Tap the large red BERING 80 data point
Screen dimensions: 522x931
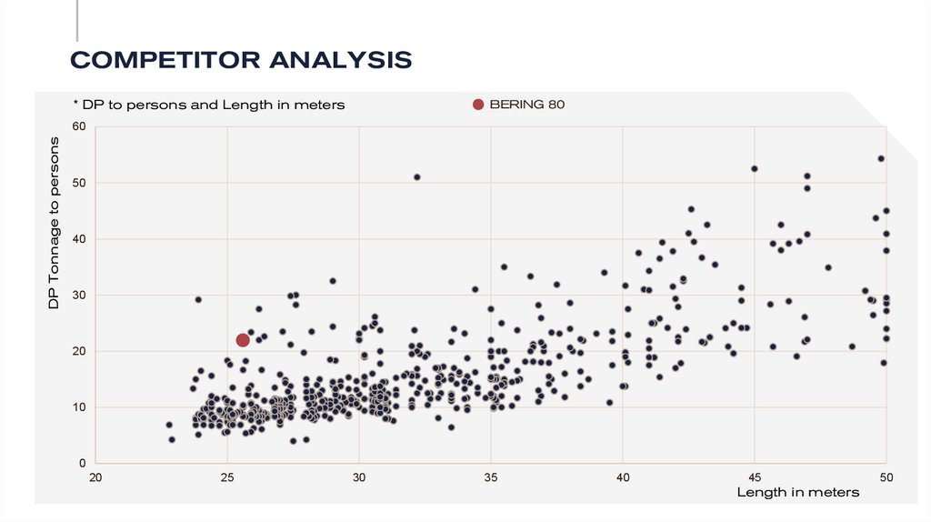coord(243,340)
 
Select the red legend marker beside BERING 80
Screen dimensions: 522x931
coord(478,105)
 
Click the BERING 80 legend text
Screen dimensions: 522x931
coord(527,105)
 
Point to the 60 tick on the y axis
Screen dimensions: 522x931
coord(78,126)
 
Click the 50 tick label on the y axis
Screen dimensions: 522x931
coord(78,183)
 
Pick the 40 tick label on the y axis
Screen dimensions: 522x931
coord(78,239)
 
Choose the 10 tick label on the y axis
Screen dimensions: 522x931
coord(78,407)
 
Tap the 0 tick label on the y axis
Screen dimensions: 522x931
coord(81,464)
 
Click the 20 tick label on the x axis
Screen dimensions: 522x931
coord(95,477)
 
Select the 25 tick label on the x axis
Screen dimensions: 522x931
coord(227,477)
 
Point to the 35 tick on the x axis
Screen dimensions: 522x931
coord(491,477)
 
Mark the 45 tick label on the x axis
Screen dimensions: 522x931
coord(755,477)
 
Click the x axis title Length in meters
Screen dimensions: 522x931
coord(797,492)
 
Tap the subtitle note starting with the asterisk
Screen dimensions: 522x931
coord(209,105)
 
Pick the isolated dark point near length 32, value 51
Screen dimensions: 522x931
coord(416,176)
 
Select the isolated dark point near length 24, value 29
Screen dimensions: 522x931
coord(198,299)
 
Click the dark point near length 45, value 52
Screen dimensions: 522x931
coord(755,168)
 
